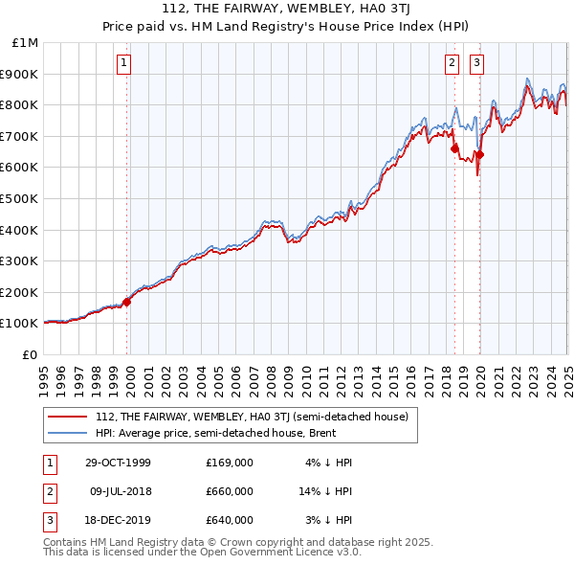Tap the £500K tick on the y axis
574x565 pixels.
21,198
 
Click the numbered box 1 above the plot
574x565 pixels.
124,64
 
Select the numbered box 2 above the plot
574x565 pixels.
452,64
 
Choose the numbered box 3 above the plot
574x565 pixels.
476,64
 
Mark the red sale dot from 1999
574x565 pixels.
127,302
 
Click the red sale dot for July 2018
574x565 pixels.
454,148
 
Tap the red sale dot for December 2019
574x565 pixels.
479,155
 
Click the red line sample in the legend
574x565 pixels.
67,417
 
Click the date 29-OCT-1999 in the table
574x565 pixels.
118,463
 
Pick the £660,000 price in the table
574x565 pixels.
229,491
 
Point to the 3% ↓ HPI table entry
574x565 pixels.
329,520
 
